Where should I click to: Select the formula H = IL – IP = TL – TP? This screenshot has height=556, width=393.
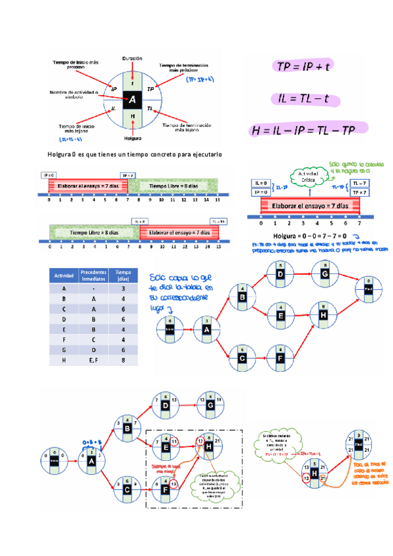click(304, 130)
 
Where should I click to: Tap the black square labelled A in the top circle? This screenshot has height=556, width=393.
click(133, 99)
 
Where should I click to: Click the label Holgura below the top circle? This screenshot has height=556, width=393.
click(133, 138)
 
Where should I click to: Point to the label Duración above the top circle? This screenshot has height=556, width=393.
click(133, 58)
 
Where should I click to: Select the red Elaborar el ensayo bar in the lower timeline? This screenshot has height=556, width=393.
click(179, 232)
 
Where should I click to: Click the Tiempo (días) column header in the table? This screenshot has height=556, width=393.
click(123, 276)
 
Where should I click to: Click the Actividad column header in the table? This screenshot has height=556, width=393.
click(64, 276)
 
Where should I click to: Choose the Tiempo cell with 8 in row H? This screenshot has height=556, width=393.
click(123, 359)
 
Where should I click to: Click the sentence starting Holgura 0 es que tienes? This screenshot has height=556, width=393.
click(135, 154)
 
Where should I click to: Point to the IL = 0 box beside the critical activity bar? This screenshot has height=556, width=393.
click(260, 183)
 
